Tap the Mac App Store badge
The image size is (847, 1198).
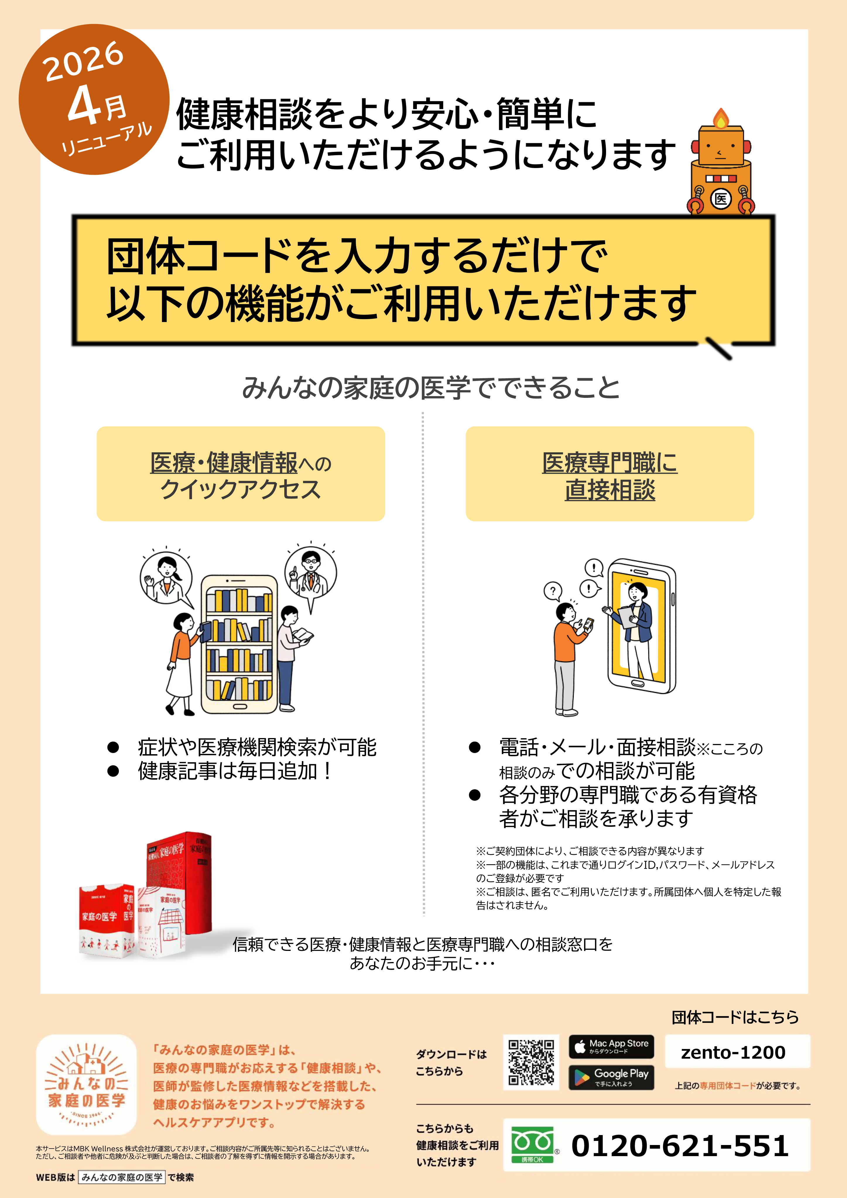(x=611, y=1046)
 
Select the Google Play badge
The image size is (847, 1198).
(x=611, y=1077)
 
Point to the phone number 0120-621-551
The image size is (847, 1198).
(x=680, y=1146)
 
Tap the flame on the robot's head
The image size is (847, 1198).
(x=721, y=118)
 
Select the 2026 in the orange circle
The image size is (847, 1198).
(x=83, y=61)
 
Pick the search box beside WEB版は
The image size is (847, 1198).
(x=122, y=1177)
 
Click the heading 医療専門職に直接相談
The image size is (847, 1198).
(x=610, y=476)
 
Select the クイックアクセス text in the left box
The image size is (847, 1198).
(x=241, y=490)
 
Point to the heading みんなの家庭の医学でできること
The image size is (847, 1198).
(x=431, y=388)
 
